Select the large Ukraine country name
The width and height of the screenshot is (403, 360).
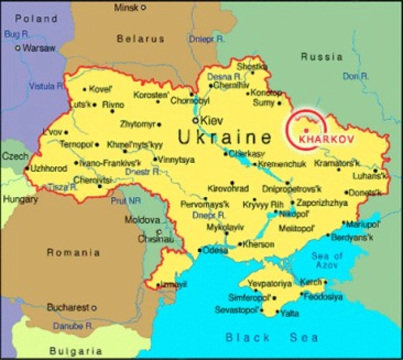[225, 137]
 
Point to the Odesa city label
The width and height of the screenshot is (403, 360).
[215, 250]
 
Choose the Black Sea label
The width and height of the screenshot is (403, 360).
[272, 337]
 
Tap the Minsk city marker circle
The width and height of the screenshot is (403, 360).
[144, 7]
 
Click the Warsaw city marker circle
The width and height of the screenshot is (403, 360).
[18, 48]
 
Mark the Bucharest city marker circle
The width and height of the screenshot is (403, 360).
[94, 308]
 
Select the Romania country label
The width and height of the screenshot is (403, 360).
[73, 253]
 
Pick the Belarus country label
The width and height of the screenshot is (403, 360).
[140, 39]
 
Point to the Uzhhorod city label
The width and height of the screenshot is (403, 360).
[48, 168]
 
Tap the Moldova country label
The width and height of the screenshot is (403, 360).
[142, 220]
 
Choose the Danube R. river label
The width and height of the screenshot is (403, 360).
[72, 326]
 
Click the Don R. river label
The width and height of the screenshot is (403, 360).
[356, 76]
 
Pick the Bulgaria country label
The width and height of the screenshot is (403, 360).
[76, 351]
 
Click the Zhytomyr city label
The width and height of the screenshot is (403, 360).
[137, 124]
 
